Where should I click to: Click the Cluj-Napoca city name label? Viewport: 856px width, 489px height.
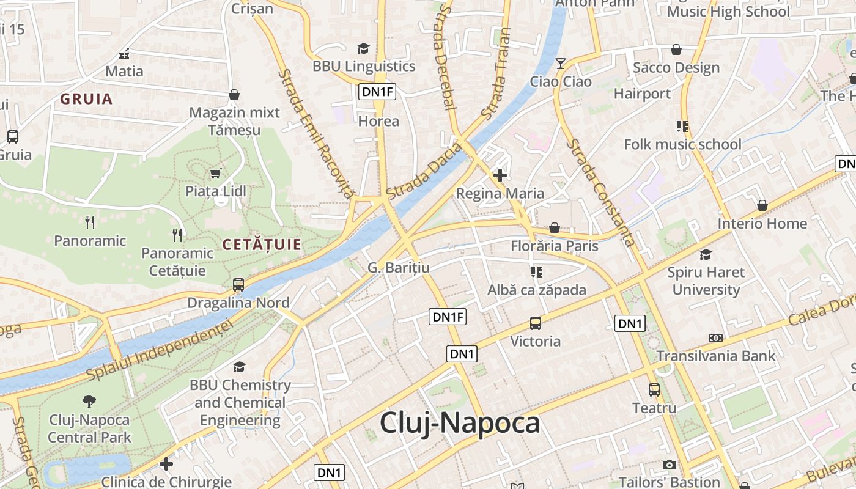[x=460, y=424]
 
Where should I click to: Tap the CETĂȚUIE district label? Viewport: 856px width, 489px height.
[x=262, y=245]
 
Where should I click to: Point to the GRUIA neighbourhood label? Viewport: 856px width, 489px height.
[x=86, y=99]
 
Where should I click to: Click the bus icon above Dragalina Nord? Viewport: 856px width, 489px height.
[x=238, y=285]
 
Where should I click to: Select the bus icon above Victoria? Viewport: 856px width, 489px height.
[x=536, y=323]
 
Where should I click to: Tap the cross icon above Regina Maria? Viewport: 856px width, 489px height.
[x=500, y=176]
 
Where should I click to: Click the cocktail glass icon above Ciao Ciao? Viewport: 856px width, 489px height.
[x=561, y=63]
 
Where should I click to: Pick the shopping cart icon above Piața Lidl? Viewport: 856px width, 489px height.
[x=215, y=174]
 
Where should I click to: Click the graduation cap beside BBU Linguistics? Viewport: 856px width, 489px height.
[x=364, y=48]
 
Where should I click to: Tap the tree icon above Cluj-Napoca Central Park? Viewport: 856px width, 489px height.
[x=89, y=402]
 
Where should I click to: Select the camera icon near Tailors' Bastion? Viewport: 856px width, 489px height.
[x=670, y=465]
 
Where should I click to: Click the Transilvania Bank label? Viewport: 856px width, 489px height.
[x=715, y=356]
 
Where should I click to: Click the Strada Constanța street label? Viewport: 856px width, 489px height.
[x=600, y=193]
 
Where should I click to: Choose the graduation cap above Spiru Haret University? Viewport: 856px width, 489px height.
[x=706, y=254]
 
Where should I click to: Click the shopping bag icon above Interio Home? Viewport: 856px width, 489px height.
[x=762, y=206]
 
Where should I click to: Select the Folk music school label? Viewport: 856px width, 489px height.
[x=682, y=144]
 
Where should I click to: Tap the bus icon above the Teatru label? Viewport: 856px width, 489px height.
[x=654, y=389]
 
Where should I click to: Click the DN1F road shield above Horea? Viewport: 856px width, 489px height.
[x=377, y=92]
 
